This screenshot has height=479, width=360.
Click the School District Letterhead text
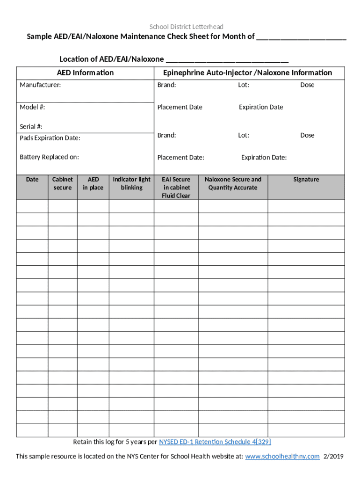pyautogui.click(x=186, y=27)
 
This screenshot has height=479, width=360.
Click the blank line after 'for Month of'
pyautogui.click(x=301, y=37)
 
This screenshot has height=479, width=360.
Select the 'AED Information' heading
pyautogui.click(x=85, y=73)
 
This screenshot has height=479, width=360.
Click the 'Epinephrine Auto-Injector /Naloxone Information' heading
pyautogui.click(x=247, y=73)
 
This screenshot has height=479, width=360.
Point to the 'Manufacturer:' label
pyautogui.click(x=40, y=85)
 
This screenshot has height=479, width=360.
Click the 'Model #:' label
pyautogui.click(x=32, y=107)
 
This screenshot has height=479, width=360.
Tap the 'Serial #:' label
pyautogui.click(x=31, y=126)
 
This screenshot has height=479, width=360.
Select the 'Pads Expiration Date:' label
pyautogui.click(x=50, y=138)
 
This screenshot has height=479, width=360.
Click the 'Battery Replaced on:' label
pyautogui.click(x=49, y=157)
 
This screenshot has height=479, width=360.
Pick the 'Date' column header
pyautogui.click(x=32, y=179)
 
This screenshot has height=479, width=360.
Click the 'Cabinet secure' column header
pyautogui.click(x=62, y=183)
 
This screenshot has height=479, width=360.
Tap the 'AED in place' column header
pyautogui.click(x=93, y=183)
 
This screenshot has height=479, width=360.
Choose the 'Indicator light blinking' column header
pyautogui.click(x=131, y=183)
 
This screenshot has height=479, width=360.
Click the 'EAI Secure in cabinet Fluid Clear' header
pyautogui.click(x=176, y=187)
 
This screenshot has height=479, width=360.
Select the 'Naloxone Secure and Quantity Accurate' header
pyautogui.click(x=233, y=183)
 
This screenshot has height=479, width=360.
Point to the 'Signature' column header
pyautogui.click(x=306, y=179)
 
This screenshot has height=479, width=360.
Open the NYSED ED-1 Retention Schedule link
pyautogui.click(x=215, y=442)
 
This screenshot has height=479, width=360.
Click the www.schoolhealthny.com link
pyautogui.click(x=282, y=457)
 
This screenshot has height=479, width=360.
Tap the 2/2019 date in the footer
pyautogui.click(x=333, y=457)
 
